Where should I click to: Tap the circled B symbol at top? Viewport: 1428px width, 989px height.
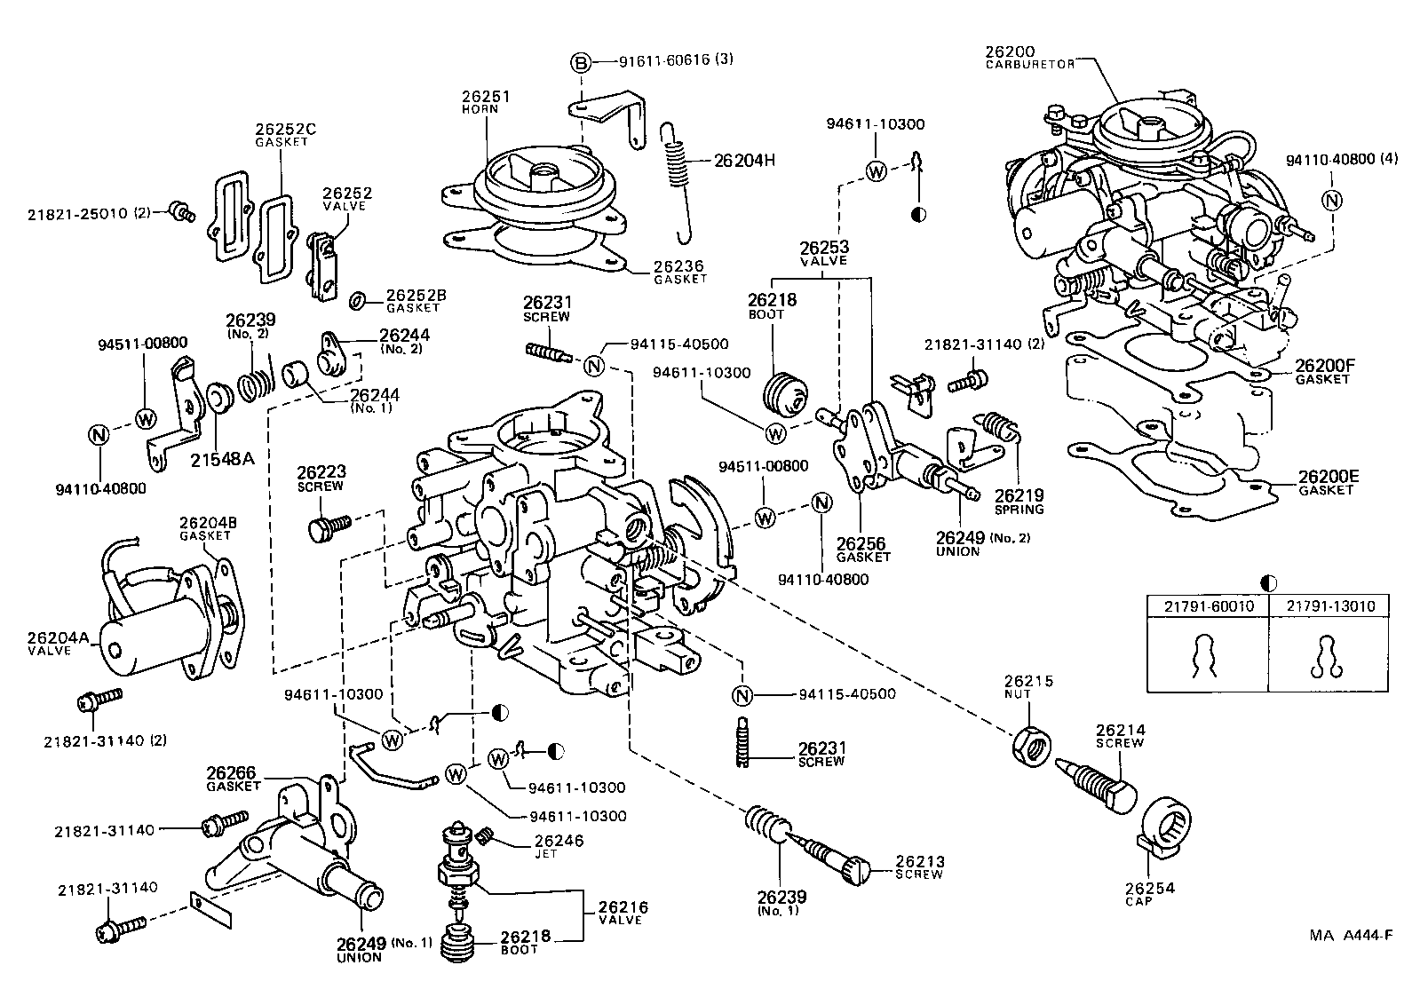579,62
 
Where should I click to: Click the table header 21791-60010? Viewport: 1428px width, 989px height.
1207,606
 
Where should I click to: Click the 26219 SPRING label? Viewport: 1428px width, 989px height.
1018,502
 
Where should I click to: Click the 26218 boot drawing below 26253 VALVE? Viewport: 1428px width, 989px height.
786,393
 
